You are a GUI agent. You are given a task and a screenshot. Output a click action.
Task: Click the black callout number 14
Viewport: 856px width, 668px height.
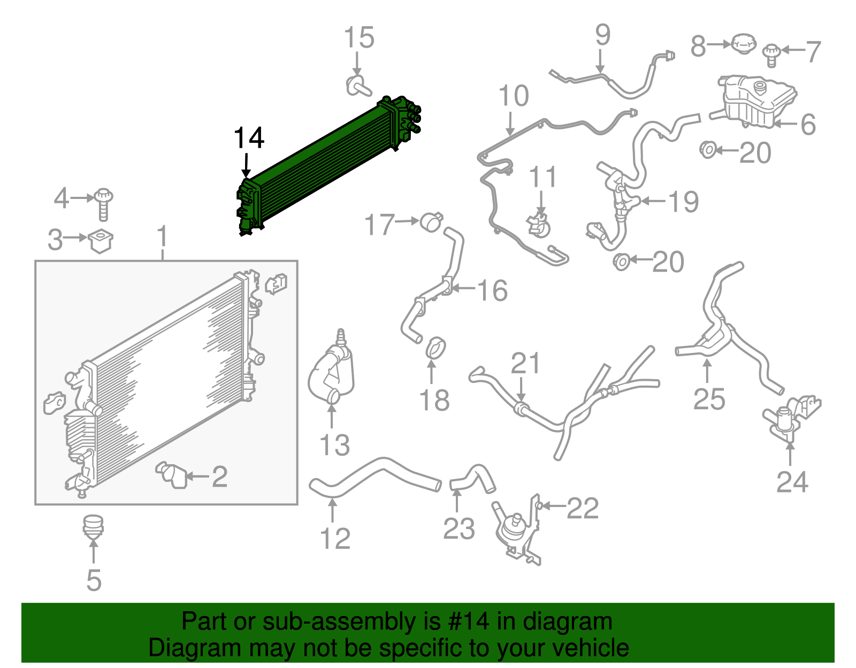point(249,138)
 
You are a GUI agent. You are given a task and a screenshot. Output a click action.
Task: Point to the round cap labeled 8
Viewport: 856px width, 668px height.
point(744,44)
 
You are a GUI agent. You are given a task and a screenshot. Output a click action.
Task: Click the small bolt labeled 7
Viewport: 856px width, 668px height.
point(771,56)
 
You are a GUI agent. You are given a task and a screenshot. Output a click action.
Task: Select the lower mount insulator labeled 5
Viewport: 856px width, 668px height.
point(93,527)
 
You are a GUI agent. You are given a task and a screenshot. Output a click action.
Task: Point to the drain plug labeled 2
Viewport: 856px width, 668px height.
point(172,475)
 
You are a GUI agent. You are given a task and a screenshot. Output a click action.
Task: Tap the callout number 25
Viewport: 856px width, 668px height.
point(709,399)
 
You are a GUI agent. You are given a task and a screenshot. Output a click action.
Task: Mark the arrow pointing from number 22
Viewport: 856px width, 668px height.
point(553,505)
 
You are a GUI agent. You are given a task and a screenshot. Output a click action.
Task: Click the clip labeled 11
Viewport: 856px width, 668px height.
point(539,226)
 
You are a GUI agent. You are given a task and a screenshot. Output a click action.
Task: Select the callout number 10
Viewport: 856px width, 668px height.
point(513,96)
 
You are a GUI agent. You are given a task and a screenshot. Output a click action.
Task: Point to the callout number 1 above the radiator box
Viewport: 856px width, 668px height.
point(162,236)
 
